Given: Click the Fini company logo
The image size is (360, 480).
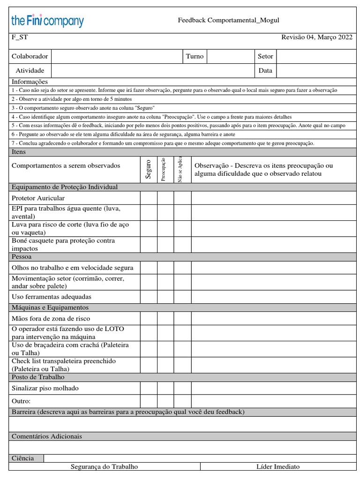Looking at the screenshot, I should [x=47, y=21].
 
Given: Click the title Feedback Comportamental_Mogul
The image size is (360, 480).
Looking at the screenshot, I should [x=228, y=20].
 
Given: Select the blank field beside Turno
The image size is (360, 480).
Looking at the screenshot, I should [x=231, y=56].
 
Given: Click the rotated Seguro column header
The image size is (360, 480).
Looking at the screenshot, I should [x=148, y=169].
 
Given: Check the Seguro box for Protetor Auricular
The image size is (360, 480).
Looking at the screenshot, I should [x=148, y=198].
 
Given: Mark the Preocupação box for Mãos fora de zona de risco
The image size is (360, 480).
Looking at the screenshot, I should [x=165, y=319].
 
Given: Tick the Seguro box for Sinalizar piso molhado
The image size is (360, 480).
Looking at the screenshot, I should [x=148, y=388].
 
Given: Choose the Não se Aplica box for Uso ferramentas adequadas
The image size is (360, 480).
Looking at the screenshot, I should [x=182, y=297].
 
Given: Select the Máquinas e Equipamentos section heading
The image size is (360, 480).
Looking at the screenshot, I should [x=50, y=307].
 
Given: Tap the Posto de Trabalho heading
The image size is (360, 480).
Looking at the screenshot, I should [x=38, y=377].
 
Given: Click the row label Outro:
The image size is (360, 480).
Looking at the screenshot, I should [x=21, y=401].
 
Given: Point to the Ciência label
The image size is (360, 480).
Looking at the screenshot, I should [x=22, y=458].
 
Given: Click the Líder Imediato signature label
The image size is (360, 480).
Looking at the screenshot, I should [x=278, y=467].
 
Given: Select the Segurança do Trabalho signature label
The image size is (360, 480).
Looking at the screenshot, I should [x=104, y=467].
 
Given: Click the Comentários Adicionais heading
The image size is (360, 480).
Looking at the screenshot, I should [x=46, y=436].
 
